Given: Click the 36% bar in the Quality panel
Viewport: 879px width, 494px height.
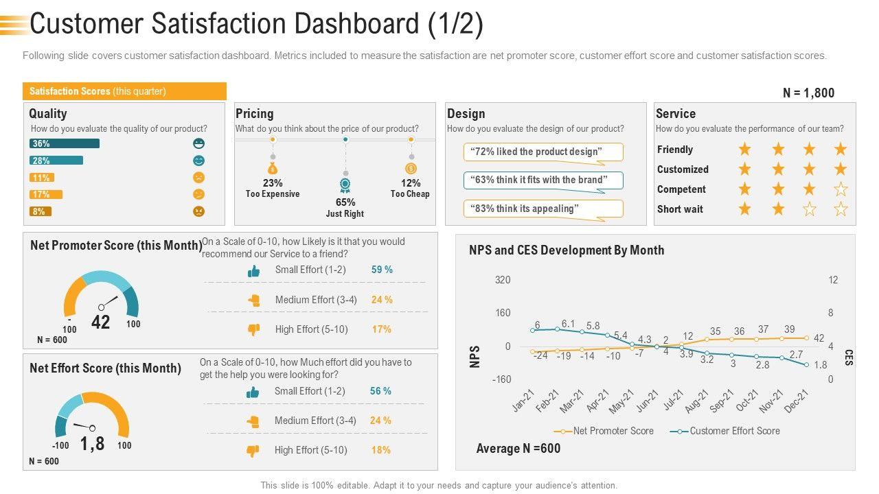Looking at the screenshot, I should pos(64,143).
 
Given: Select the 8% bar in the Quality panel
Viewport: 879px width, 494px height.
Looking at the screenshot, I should pos(40,211).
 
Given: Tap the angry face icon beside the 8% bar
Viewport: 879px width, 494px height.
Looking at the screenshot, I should pos(199,211).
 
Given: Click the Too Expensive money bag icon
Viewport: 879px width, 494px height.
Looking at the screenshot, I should pos(273,167).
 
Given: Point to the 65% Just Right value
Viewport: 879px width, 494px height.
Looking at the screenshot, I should pos(345,202).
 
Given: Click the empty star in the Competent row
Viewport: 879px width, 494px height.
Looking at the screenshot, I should pos(841,189).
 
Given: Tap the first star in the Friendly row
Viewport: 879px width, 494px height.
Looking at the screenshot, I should pos(744,150).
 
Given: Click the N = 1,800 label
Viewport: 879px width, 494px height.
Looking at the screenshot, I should pos(808,93).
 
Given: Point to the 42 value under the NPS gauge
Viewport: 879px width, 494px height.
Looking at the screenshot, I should pos(101,322).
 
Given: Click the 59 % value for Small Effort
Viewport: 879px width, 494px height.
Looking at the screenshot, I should pos(382,270).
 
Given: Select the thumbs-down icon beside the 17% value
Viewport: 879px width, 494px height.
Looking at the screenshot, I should pos(253,329).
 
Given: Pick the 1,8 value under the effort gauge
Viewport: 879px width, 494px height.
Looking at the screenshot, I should pos(93,444).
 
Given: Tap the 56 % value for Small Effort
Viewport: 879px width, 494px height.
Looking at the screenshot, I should pos(380,391).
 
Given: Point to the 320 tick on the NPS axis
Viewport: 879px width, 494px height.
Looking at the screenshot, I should pos(503,280).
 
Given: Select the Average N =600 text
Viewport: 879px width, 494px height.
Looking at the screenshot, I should pos(518,449).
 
